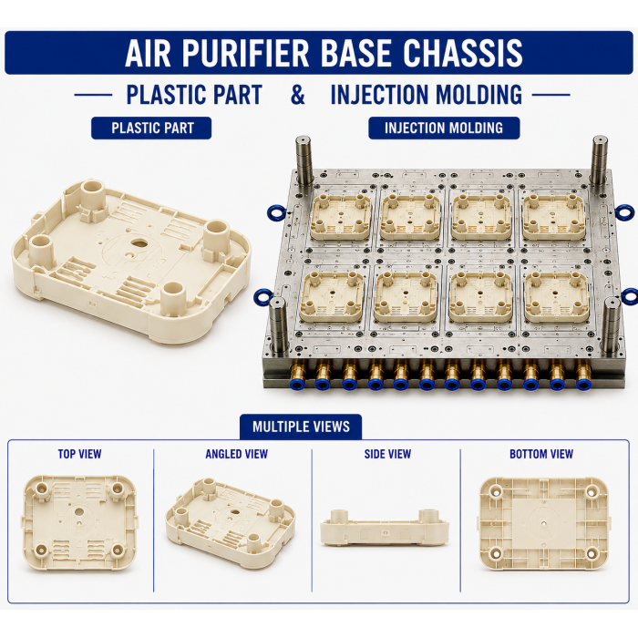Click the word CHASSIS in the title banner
coord(463,53)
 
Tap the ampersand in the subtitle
coord(297,95)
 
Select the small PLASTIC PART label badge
coord(151,129)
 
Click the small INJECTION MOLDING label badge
coord(444,129)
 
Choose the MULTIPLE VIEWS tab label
coord(301,427)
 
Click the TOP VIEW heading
coord(79,454)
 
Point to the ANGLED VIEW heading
coord(236,454)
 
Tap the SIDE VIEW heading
coord(387,454)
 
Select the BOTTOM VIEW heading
coord(541,454)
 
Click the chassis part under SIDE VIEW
coord(385,528)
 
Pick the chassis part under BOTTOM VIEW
coord(544,524)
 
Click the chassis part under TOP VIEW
coord(79,522)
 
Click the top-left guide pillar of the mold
coord(304,160)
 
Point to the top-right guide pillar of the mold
coord(600,161)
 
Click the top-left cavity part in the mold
coord(340,216)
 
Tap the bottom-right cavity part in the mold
coord(555,296)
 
